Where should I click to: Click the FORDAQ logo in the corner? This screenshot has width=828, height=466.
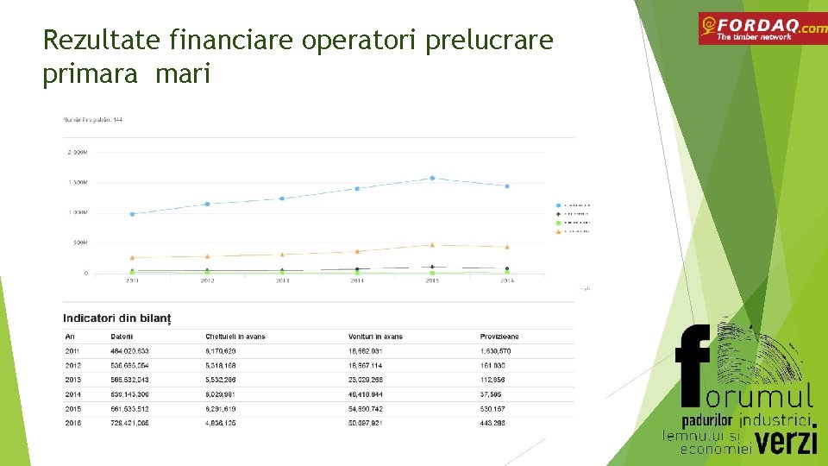762,28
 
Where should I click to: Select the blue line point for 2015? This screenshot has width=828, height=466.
432,179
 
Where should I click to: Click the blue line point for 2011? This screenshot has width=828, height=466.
132,214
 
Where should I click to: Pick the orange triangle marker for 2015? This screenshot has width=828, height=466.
432,245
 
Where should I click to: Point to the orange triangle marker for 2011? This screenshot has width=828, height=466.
132,257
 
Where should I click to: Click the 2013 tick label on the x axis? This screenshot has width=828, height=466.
282,280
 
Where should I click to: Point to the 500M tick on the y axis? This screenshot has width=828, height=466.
78,242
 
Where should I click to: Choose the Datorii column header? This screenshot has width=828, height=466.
122,337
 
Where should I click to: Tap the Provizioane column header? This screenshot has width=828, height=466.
499,337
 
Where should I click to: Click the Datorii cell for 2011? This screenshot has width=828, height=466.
129,351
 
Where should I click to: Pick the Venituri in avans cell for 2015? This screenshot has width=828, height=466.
372,409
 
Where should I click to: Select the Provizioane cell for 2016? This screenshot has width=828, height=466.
492,424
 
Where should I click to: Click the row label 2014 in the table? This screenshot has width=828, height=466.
72,394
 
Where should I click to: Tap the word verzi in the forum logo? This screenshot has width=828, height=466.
787,441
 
